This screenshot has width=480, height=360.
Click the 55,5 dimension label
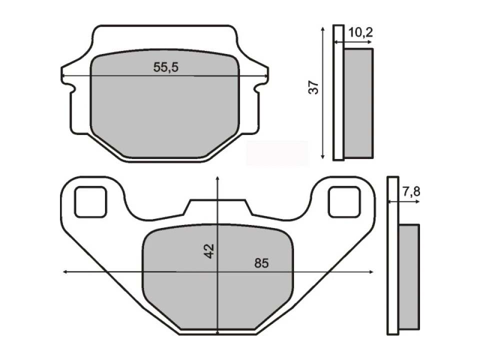click(x=165, y=67)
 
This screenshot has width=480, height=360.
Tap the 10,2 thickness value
click(x=360, y=32)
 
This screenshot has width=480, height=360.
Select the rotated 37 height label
click(x=313, y=87)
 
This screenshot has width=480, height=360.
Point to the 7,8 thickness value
click(x=411, y=191)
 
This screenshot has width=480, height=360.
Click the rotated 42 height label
click(x=209, y=251)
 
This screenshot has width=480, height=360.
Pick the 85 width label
click(x=261, y=263)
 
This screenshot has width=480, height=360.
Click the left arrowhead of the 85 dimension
click(x=65, y=271)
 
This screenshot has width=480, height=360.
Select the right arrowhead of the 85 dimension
click(x=371, y=271)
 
